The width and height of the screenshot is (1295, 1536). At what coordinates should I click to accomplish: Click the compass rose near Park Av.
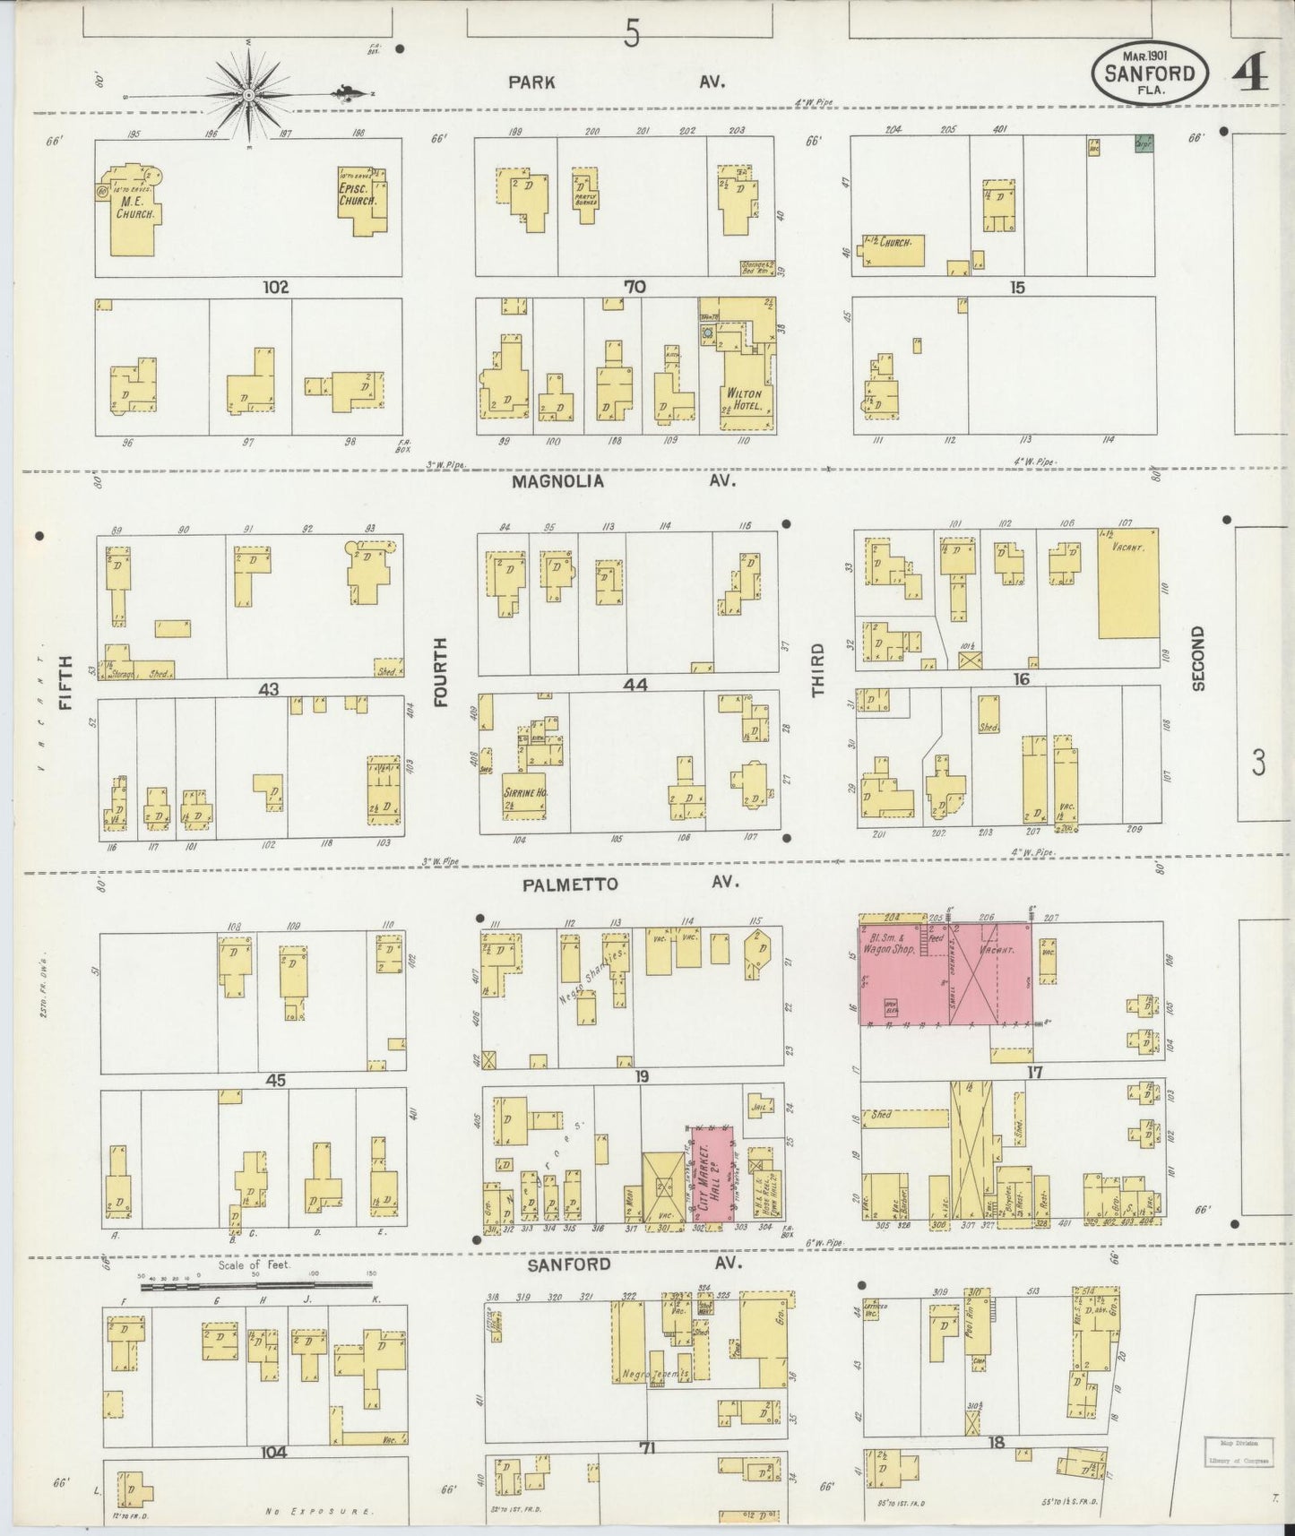248,93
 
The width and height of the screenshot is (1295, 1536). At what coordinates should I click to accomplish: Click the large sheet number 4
1250,75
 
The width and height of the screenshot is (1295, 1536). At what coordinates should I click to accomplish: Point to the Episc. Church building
363,202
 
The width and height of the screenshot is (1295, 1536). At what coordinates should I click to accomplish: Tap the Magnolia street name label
557,481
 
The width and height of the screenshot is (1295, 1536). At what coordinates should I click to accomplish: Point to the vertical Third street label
816,669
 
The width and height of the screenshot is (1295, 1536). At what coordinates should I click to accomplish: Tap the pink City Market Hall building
712,1173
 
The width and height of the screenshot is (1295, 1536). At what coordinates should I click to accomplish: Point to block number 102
276,288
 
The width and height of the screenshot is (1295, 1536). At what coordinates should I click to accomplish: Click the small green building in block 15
1143,144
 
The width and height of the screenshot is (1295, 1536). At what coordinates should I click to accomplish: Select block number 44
635,684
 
